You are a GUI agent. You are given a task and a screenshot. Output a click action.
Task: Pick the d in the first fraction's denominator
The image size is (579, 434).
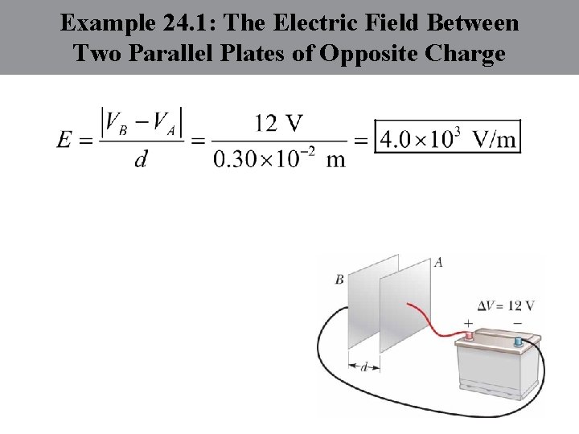pos(141,159)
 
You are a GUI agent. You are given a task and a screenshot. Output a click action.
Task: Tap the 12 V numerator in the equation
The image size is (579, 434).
pos(278,122)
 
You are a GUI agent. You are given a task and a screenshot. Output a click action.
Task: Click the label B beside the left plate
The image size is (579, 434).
pos(339,280)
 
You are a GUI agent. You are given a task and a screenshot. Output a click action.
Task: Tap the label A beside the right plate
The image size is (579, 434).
pos(438,262)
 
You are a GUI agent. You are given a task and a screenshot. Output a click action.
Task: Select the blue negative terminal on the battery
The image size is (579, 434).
pos(519,342)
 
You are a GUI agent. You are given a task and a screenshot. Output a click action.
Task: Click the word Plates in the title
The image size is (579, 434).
pos(271,54)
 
